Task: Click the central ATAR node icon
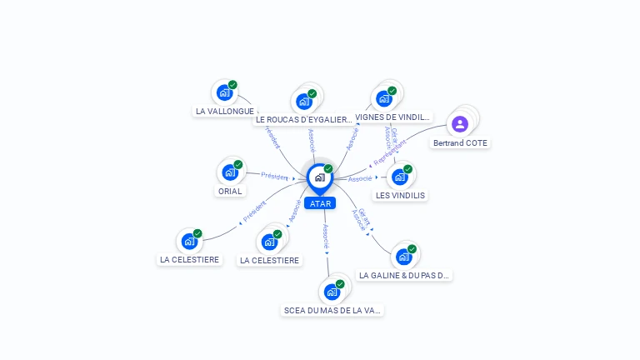[319, 177]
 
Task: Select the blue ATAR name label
[319, 203]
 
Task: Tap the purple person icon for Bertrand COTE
[460, 124]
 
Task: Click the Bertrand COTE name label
[460, 143]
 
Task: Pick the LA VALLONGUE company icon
[224, 92]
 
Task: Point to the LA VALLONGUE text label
[224, 111]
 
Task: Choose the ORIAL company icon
[230, 172]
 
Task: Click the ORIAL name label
[230, 192]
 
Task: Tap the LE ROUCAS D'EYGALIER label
[303, 120]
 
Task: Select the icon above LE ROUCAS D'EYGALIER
[304, 102]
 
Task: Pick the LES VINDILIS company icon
[400, 177]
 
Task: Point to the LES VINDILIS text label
[400, 196]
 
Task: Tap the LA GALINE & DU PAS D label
[404, 275]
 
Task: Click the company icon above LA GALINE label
[404, 257]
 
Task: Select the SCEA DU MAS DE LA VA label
[332, 310]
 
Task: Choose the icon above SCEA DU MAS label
[332, 292]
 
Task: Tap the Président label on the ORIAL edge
[274, 176]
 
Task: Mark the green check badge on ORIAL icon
[238, 165]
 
